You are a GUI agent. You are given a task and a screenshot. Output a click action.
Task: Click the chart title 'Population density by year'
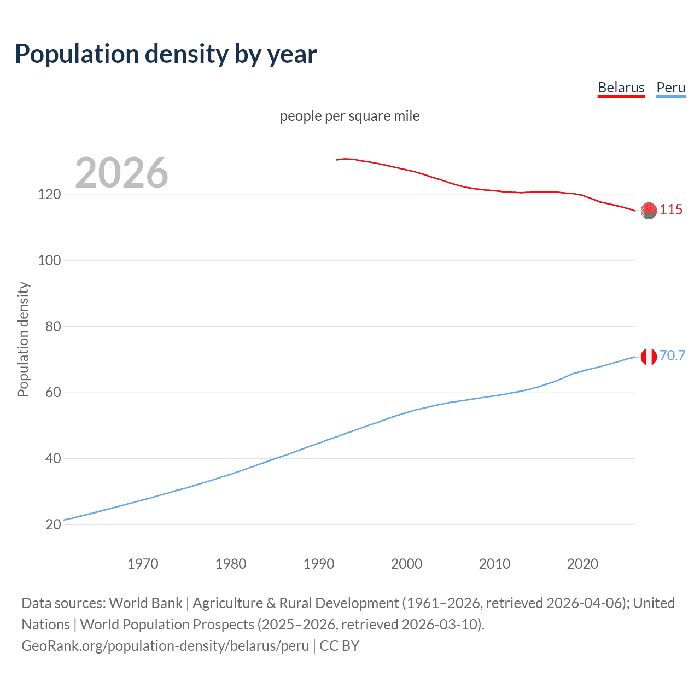click(166, 54)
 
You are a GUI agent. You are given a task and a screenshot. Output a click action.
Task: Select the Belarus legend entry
click(621, 87)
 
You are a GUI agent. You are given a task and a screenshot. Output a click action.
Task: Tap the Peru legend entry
click(670, 87)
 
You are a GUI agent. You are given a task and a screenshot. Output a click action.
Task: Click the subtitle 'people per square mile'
click(350, 116)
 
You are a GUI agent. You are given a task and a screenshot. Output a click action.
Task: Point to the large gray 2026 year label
click(121, 173)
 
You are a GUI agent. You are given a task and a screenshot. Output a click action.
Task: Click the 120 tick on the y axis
click(49, 195)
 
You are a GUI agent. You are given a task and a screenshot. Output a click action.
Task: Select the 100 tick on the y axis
click(49, 261)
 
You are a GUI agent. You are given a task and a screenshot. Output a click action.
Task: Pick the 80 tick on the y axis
click(52, 326)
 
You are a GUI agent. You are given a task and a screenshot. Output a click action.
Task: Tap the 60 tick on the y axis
click(52, 393)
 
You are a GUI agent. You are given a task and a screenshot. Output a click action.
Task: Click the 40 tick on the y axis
click(52, 458)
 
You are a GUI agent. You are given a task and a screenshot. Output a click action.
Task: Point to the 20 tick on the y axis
click(52, 524)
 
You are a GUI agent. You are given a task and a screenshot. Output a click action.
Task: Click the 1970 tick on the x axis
click(143, 564)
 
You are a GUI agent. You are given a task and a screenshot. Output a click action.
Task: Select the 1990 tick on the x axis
click(319, 564)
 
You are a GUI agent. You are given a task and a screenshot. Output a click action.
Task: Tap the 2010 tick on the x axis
click(494, 564)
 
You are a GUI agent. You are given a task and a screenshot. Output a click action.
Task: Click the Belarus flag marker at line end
click(649, 211)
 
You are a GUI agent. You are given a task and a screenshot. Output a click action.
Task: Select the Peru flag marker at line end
click(649, 357)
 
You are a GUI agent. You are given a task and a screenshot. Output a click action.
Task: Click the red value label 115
click(671, 210)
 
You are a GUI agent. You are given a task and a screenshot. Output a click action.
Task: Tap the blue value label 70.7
click(672, 356)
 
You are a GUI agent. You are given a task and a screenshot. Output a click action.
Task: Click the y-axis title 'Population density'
click(23, 339)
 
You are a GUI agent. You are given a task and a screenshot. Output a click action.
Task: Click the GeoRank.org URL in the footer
click(165, 646)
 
